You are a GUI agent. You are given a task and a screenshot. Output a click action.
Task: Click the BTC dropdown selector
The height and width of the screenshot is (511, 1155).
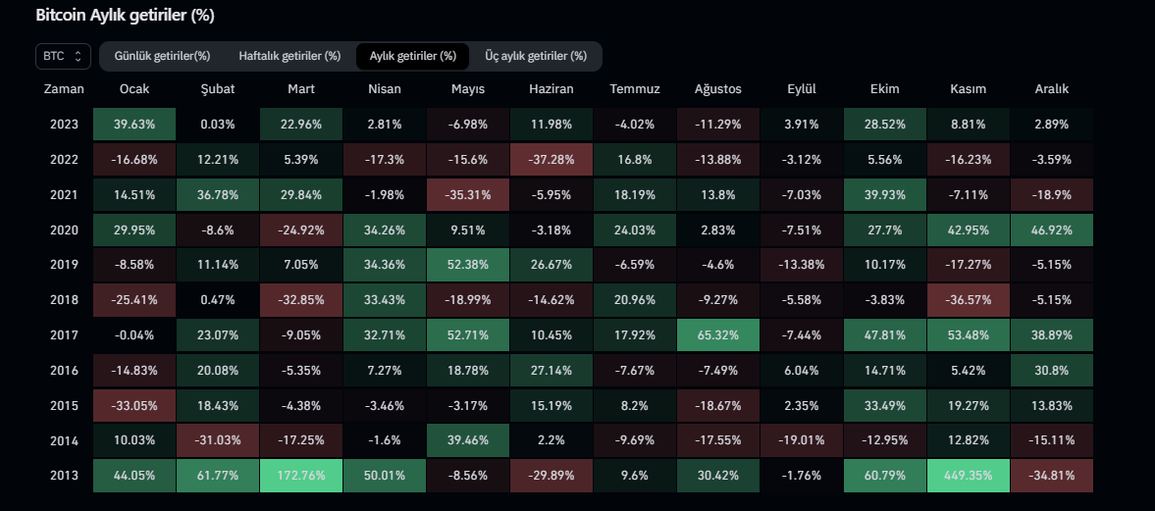[64, 56]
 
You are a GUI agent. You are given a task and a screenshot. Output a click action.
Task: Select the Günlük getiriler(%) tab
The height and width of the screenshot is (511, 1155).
[162, 56]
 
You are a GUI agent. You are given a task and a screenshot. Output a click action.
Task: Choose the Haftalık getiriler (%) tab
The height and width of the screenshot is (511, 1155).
[289, 56]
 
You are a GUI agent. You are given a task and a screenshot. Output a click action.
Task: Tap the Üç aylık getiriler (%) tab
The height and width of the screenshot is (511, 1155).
[536, 56]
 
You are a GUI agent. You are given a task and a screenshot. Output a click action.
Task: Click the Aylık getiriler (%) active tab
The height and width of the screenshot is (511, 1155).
[412, 56]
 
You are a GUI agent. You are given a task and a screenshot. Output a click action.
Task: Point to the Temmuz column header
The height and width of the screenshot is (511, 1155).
[635, 89]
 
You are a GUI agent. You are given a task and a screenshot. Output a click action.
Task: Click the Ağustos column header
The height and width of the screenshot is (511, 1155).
[717, 89]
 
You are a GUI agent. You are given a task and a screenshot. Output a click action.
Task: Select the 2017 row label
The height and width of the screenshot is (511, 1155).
[64, 335]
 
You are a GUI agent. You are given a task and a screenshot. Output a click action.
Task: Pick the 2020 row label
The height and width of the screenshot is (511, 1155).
[64, 230]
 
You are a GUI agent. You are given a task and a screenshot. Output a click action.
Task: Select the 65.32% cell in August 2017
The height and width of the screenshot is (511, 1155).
[717, 335]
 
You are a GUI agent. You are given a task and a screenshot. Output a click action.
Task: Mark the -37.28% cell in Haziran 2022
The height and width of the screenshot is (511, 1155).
[551, 159]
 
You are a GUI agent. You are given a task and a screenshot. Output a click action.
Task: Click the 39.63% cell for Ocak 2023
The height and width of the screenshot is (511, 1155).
[134, 124]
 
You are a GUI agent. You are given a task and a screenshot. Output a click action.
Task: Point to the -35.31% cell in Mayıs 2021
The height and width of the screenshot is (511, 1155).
[468, 194]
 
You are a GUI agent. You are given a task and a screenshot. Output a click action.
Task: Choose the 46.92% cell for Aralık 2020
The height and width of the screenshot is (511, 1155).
[1051, 230]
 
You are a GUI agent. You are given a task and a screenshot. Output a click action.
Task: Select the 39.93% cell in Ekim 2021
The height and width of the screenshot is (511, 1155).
[884, 194]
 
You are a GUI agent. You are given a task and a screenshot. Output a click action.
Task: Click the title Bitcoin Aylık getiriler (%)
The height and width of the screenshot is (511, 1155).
[125, 16]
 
